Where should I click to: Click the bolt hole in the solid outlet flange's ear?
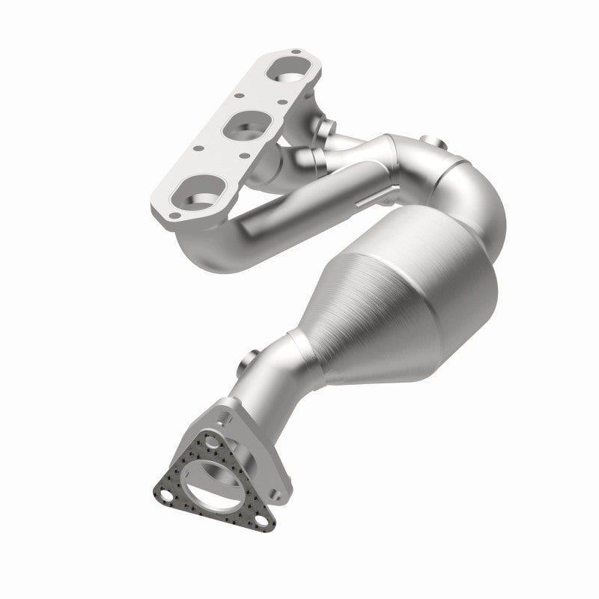click(x=278, y=494)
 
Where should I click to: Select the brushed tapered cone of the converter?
click(x=352, y=314)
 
